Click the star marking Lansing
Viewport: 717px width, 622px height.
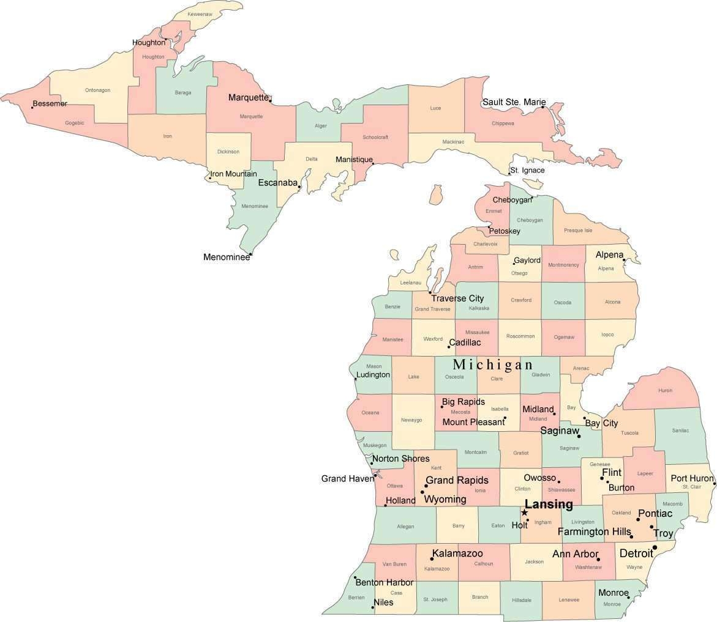click(524, 513)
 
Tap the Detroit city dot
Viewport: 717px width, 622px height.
click(655, 547)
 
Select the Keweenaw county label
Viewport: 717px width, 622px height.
click(200, 13)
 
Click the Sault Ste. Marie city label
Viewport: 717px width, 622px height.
click(514, 102)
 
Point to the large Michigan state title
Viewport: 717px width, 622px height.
click(493, 365)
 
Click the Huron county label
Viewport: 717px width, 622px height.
click(665, 390)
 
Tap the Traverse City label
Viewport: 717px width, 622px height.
click(457, 298)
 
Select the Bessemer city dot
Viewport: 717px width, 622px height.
click(32, 108)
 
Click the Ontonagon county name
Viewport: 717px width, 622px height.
click(97, 90)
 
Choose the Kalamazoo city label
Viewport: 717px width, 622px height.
click(457, 554)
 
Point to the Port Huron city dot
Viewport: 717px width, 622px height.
click(714, 484)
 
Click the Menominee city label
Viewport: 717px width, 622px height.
click(227, 257)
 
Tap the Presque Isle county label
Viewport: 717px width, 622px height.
click(578, 231)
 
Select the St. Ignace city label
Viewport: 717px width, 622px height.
click(527, 170)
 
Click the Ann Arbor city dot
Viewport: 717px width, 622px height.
click(598, 559)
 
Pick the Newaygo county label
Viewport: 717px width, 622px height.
click(411, 420)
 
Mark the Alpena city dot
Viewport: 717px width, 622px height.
click(624, 260)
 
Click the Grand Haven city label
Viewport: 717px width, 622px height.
click(347, 479)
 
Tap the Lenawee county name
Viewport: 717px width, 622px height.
click(569, 600)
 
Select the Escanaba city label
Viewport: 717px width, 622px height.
click(277, 183)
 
